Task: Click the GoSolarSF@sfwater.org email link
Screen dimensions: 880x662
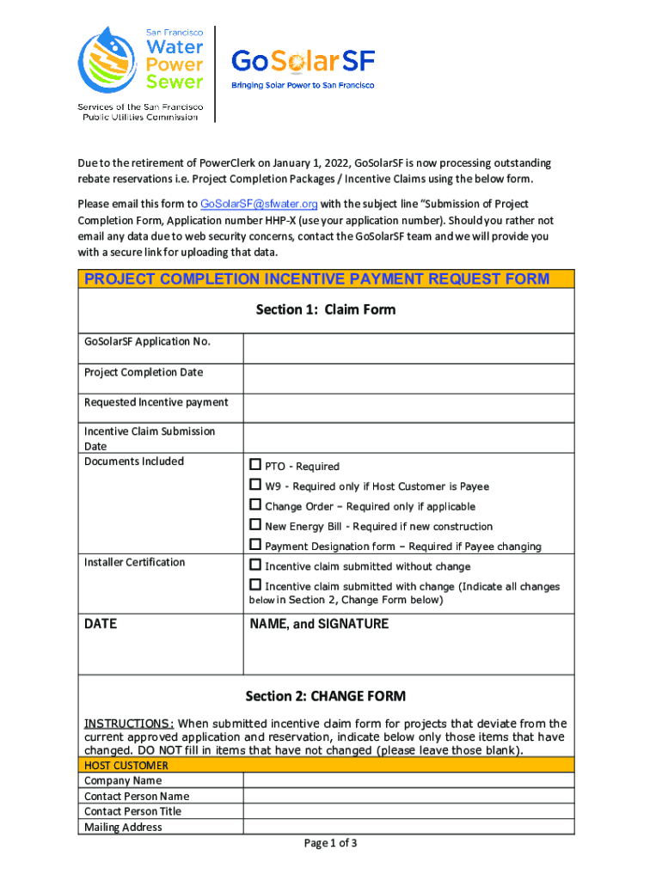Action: point(259,204)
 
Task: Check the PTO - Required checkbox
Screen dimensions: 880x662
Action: point(255,465)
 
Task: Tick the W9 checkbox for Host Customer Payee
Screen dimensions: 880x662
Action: point(255,485)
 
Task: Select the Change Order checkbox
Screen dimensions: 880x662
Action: point(255,504)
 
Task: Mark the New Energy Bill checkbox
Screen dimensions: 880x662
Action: point(255,524)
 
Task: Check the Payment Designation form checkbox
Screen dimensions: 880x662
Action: point(255,544)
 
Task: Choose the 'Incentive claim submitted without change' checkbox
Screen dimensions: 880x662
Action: point(255,565)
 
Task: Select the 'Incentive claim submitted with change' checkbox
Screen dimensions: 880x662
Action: point(255,584)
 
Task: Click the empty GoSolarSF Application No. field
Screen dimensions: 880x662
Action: point(408,348)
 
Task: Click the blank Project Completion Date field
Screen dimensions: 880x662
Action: point(408,378)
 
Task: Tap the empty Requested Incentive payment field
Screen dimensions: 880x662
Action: point(408,407)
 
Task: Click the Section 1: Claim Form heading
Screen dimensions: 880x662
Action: point(326,309)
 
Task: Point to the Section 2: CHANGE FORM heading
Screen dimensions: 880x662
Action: point(326,696)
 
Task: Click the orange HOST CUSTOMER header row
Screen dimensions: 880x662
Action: point(326,765)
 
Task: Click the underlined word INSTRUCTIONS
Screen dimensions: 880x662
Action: point(128,724)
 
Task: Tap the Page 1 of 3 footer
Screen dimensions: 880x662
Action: point(331,843)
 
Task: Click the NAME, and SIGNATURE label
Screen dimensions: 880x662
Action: point(319,624)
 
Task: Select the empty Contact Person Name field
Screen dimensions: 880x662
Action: point(408,796)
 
